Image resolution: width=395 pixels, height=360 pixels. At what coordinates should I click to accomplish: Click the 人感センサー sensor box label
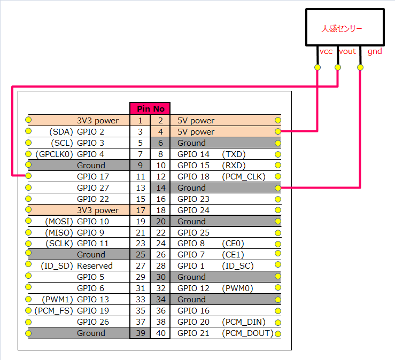[x=344, y=28]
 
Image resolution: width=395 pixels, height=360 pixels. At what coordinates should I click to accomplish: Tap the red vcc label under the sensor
[x=326, y=52]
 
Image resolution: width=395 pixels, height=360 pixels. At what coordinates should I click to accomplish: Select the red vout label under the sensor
[x=347, y=52]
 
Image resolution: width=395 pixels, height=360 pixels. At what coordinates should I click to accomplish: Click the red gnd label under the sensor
[x=374, y=52]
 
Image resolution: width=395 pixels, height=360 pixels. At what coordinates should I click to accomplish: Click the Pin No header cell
[x=150, y=108]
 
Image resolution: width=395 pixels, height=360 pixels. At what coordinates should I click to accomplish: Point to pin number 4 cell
[x=160, y=131]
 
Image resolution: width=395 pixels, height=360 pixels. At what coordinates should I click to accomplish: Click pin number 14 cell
[x=160, y=187]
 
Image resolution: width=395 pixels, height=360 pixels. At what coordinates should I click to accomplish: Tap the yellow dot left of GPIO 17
[x=28, y=176]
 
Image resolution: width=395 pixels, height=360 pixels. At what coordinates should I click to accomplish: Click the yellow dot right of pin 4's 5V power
[x=277, y=131]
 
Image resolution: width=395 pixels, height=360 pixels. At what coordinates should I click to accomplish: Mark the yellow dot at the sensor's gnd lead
[x=360, y=67]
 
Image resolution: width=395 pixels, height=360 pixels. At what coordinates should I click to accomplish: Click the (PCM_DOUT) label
[x=247, y=333]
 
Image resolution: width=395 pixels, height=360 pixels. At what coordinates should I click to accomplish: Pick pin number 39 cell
[x=140, y=333]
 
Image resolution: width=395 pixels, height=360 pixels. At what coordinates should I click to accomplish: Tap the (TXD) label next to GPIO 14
[x=234, y=154]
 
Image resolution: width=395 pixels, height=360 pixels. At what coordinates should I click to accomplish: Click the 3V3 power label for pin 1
[x=98, y=121]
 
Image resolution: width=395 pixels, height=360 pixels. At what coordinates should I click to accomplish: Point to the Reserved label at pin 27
[x=95, y=265]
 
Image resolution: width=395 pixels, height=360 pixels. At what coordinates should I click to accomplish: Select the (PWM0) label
[x=237, y=288]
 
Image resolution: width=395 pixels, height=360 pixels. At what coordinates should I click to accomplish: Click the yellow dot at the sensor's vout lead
[x=338, y=67]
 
